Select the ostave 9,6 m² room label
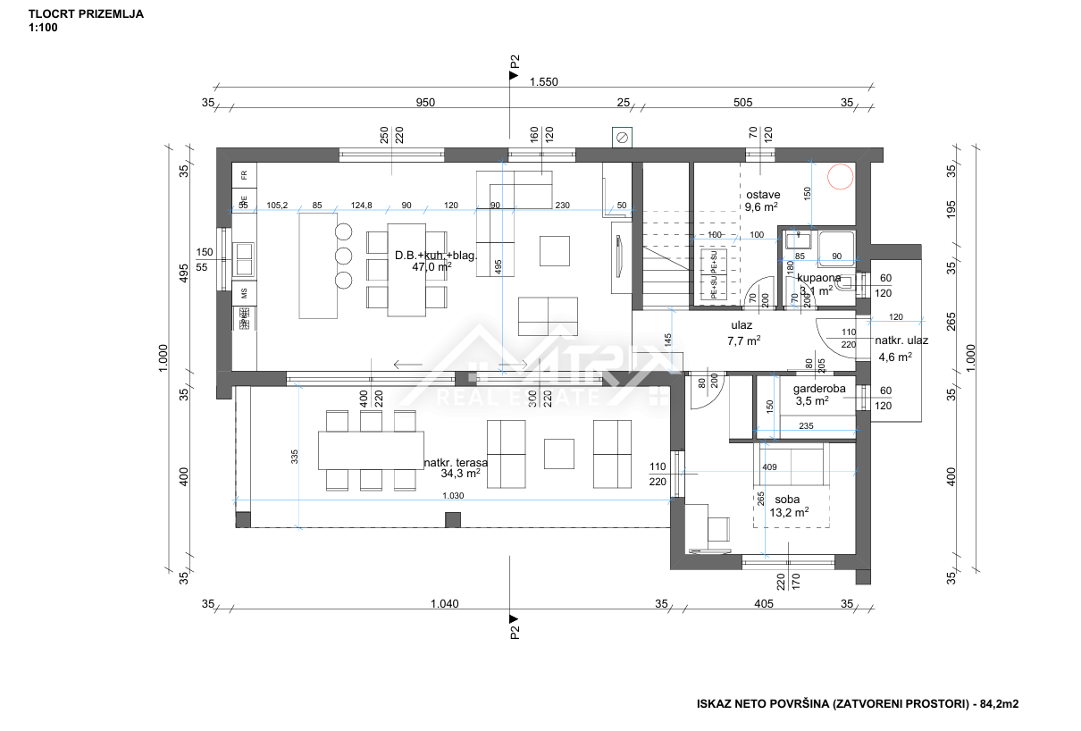[x=761, y=200]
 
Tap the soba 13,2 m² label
[x=788, y=506]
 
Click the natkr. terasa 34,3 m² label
[x=455, y=467]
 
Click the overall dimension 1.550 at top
[x=543, y=82]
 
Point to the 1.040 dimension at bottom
[x=444, y=604]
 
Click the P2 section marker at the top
[x=514, y=67]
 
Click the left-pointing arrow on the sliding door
[x=408, y=364]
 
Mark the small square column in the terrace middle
[x=453, y=519]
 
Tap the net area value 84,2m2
[x=997, y=704]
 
